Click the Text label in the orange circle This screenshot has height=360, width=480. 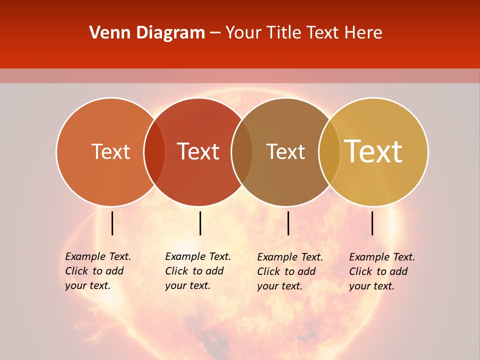110,151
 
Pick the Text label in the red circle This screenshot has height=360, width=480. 198,151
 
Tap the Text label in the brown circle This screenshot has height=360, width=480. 285,151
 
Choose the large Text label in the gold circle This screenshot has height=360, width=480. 373,151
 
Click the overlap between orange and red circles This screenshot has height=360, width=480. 154,151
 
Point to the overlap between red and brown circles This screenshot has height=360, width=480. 242,151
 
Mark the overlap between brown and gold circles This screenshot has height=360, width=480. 329,151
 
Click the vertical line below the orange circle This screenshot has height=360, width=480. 112,223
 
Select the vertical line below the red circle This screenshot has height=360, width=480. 200,223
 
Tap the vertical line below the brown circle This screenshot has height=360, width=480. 288,223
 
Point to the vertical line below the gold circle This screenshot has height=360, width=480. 372,223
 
